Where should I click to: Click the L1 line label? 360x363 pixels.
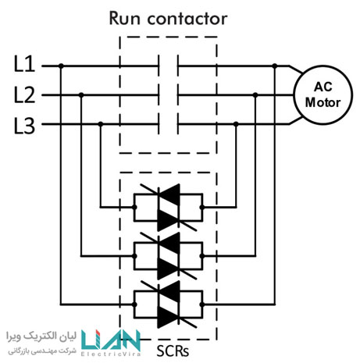click(x=24, y=64)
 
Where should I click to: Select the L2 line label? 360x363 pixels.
click(x=24, y=95)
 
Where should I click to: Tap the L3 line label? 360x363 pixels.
click(x=24, y=126)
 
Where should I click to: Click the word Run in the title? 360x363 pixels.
click(x=125, y=19)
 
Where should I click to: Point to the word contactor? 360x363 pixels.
click(x=187, y=20)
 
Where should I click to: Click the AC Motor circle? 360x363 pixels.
click(x=323, y=95)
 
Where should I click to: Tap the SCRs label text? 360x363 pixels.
click(x=173, y=351)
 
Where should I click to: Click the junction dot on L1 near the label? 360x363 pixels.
click(x=61, y=66)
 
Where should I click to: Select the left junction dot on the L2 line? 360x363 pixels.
click(x=81, y=95)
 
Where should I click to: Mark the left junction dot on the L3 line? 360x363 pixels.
click(x=101, y=124)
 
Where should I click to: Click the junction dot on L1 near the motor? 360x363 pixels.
click(x=275, y=66)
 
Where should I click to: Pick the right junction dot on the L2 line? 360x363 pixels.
click(x=255, y=95)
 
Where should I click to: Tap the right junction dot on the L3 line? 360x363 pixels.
click(x=236, y=124)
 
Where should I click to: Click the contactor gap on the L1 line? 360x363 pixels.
click(x=168, y=66)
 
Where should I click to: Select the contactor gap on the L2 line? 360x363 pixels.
click(x=168, y=95)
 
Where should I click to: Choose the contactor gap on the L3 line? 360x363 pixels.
click(x=168, y=124)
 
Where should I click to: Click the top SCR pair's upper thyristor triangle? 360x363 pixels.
click(x=169, y=194)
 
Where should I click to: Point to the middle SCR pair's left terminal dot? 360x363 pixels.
click(x=134, y=256)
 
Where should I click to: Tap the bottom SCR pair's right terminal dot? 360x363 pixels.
click(x=202, y=304)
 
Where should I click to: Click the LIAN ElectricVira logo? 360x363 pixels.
click(x=111, y=343)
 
